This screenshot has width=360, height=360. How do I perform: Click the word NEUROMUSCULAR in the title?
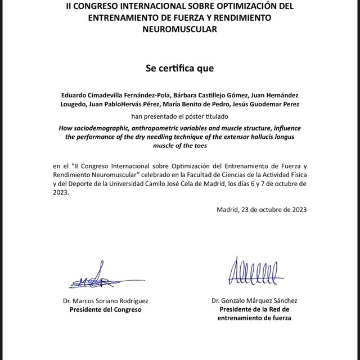pos(180,28)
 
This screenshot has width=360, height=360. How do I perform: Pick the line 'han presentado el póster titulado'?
pos(179,116)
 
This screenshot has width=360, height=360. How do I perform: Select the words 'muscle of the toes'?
pos(179,145)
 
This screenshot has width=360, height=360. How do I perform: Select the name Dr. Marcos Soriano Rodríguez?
pos(105,301)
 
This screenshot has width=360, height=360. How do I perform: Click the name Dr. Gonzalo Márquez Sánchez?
pos(254,301)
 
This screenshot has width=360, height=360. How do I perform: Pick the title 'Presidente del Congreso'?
pos(105,309)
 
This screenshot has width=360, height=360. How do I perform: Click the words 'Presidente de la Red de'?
pos(254,309)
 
